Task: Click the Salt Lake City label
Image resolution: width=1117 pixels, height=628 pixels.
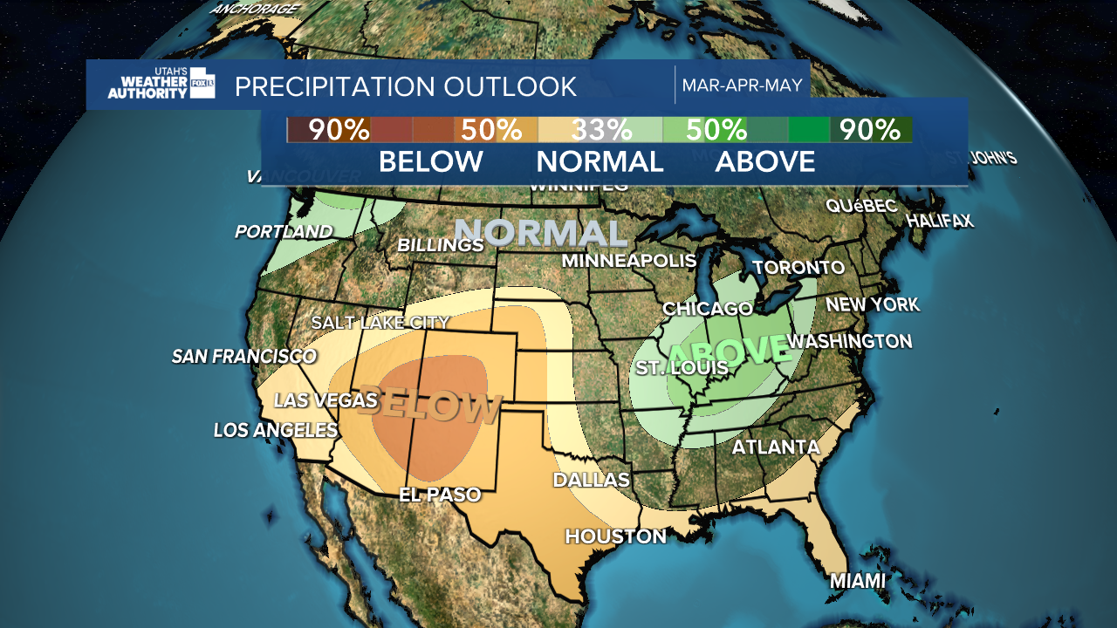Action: point(380,323)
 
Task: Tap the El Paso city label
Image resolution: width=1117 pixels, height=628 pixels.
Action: point(440,495)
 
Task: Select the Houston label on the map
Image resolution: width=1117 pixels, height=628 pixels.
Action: point(616,536)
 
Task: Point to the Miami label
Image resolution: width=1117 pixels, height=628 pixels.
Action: point(857,581)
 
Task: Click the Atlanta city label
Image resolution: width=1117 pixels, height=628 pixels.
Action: point(776,447)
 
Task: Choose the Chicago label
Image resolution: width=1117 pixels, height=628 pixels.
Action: point(708,309)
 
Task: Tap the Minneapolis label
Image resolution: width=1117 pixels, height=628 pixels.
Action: point(628,260)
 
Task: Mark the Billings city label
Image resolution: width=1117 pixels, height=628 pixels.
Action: point(440,245)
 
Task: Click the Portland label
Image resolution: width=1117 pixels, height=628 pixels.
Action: point(284,232)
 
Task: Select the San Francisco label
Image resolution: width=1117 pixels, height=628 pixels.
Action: point(243,356)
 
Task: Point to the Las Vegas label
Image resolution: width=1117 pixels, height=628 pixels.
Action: point(326,400)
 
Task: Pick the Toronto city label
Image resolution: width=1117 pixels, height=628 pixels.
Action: point(798,267)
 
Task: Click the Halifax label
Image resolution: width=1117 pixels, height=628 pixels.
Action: point(940,221)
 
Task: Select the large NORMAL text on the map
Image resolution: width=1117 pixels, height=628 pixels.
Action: point(541,233)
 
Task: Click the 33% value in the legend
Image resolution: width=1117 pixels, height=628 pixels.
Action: point(601,130)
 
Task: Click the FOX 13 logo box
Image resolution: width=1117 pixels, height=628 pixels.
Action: point(202,83)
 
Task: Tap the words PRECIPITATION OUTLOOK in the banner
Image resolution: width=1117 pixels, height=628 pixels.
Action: point(406,87)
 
